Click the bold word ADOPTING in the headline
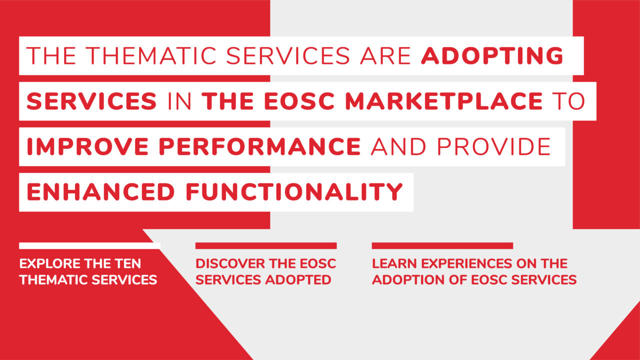[x=492, y=55]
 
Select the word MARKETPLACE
[x=444, y=101]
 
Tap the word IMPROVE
[x=87, y=146]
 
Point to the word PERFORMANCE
[x=259, y=146]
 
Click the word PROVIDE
[x=493, y=146]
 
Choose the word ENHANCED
[x=100, y=192]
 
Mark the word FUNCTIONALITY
[x=294, y=192]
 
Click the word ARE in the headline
[x=385, y=55]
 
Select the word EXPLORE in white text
[x=50, y=263]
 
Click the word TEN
[x=127, y=263]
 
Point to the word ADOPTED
[x=298, y=279]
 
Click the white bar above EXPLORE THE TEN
[x=89, y=245]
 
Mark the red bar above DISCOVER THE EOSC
[x=266, y=245]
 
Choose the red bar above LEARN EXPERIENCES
[x=442, y=245]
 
